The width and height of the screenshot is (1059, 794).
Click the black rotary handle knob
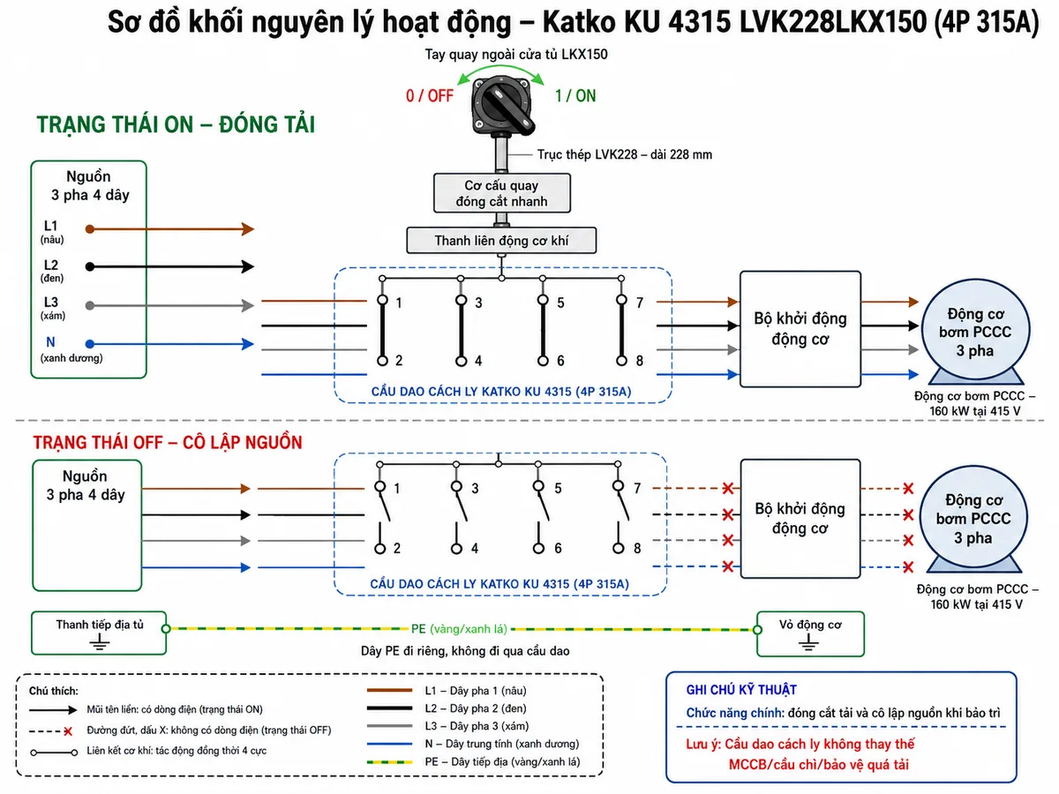pyautogui.click(x=502, y=105)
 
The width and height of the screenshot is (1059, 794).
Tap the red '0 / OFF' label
pyautogui.click(x=430, y=96)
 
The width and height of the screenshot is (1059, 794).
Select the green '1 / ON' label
pyautogui.click(x=575, y=96)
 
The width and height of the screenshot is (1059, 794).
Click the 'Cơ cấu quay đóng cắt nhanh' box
pyautogui.click(x=502, y=193)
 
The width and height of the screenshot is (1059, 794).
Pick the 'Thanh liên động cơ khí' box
pyautogui.click(x=501, y=241)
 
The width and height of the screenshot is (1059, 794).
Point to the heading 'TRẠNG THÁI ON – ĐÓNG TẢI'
pyautogui.click(x=176, y=124)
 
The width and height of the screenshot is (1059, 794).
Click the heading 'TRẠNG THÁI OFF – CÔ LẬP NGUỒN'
pyautogui.click(x=168, y=443)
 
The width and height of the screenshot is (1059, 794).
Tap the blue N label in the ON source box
pyautogui.click(x=50, y=342)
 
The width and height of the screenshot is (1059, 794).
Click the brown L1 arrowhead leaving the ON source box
pyautogui.click(x=248, y=229)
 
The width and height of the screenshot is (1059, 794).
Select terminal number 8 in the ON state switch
pyautogui.click(x=639, y=361)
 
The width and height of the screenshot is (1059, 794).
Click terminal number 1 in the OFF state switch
pyautogui.click(x=396, y=489)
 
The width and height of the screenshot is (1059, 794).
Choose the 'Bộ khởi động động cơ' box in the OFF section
pyautogui.click(x=800, y=519)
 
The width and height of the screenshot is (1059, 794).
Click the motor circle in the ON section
pyautogui.click(x=975, y=331)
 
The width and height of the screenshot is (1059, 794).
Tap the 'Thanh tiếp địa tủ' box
pyautogui.click(x=99, y=633)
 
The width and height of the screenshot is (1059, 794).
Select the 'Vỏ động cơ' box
pyautogui.click(x=810, y=634)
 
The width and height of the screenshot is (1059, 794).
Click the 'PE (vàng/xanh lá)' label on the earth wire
pyautogui.click(x=459, y=629)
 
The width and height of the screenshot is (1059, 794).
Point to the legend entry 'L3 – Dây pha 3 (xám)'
pyautogui.click(x=477, y=726)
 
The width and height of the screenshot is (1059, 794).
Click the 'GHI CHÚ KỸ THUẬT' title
pyautogui.click(x=741, y=691)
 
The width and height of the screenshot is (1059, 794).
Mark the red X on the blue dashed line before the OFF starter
pyautogui.click(x=728, y=566)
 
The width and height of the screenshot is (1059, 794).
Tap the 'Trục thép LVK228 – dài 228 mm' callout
pyautogui.click(x=625, y=154)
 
